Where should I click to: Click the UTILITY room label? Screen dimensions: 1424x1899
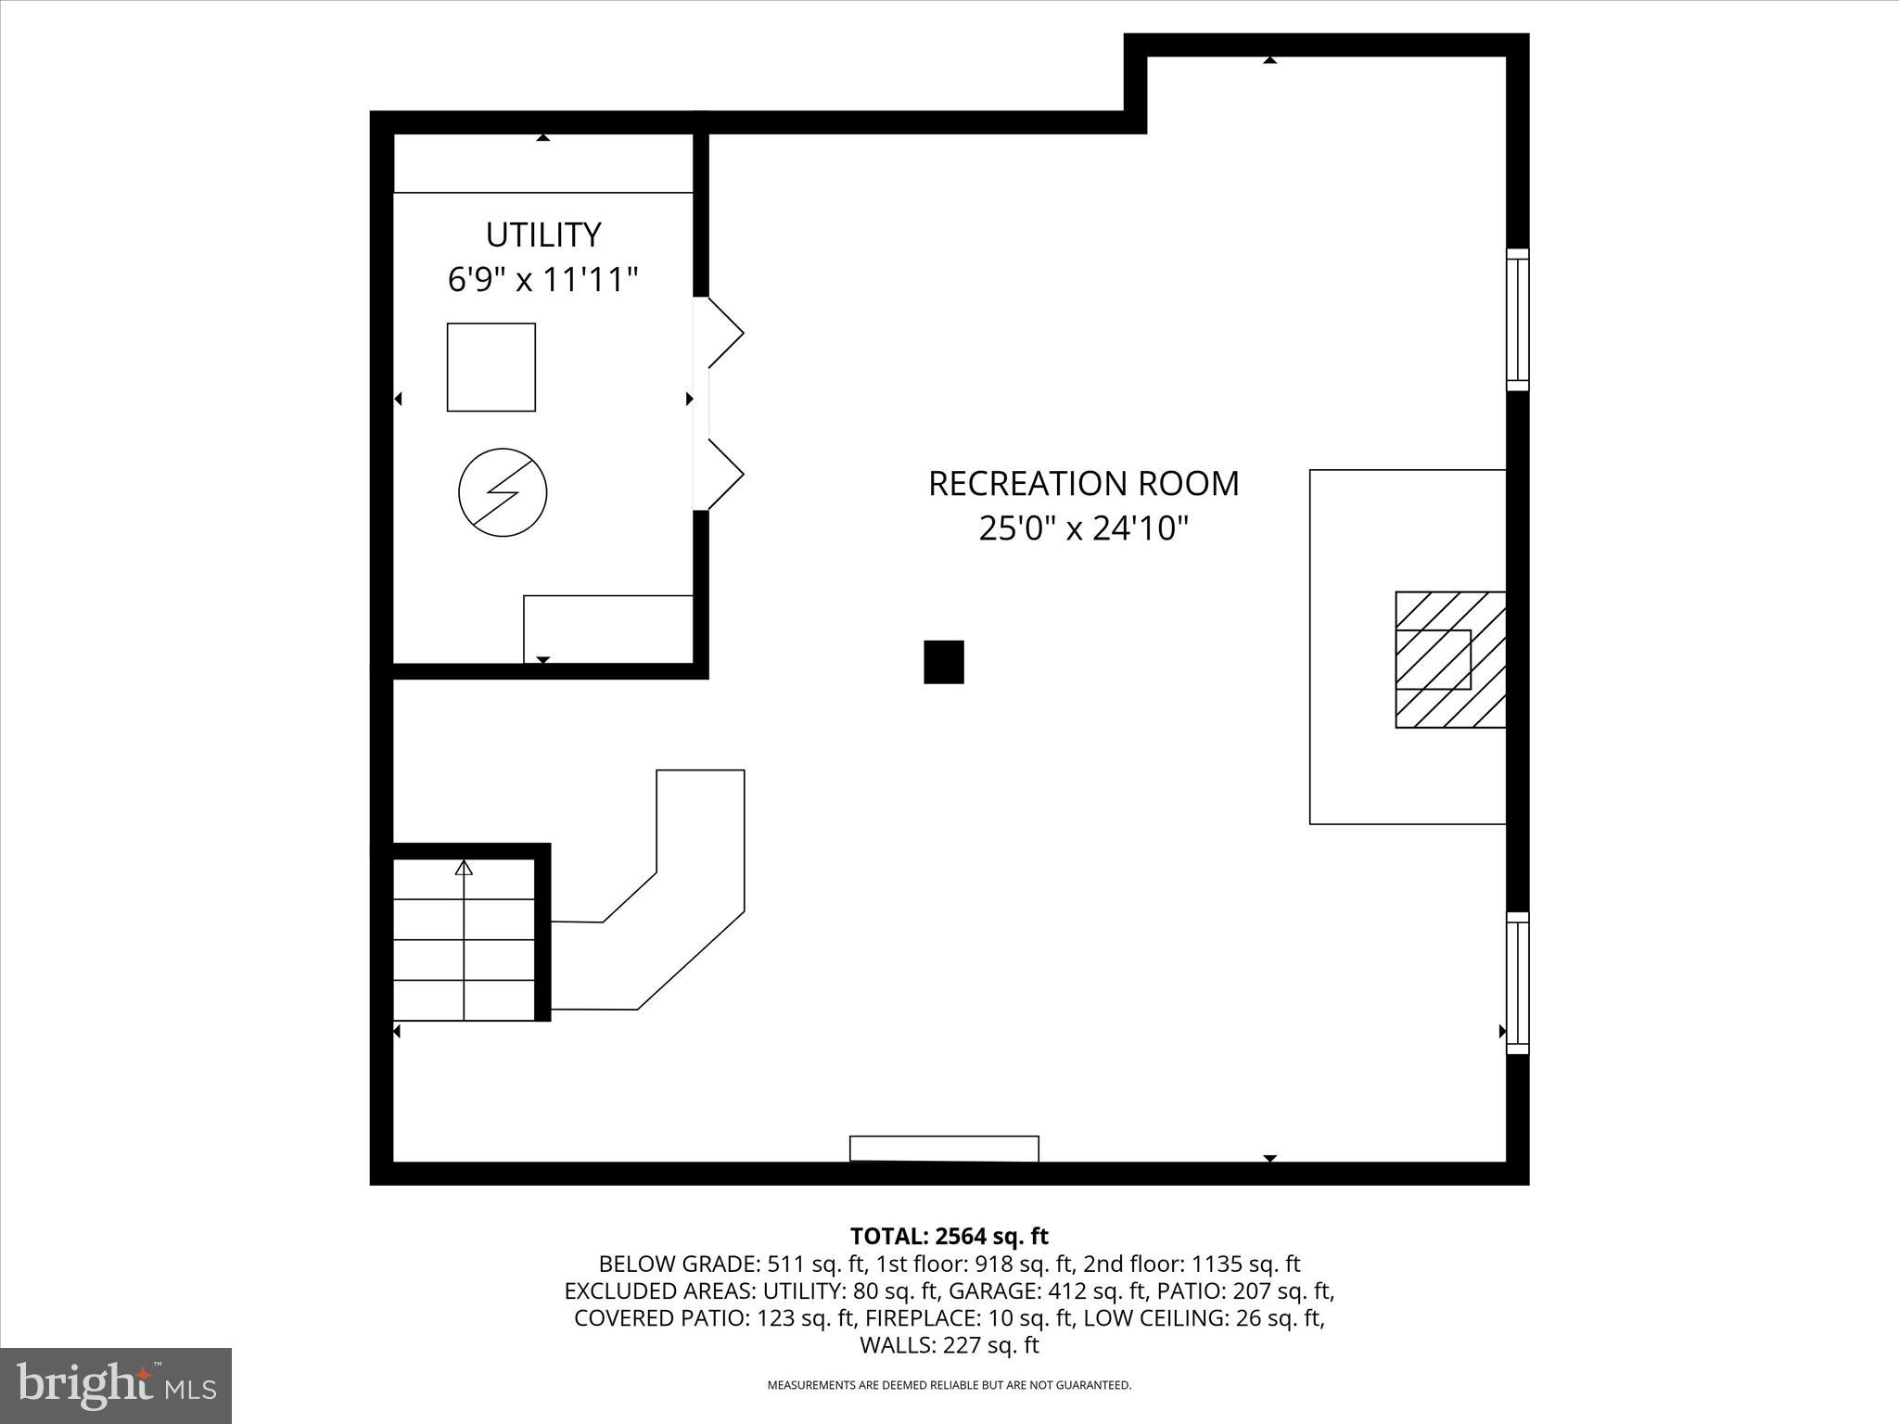click(543, 235)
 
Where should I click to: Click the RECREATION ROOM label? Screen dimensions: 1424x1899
click(1083, 484)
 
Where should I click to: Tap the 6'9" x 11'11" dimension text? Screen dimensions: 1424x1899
click(543, 279)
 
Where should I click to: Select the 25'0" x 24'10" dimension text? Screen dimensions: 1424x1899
click(1083, 529)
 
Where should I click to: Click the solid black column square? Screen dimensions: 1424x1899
click(943, 662)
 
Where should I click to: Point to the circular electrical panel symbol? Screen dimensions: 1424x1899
click(503, 492)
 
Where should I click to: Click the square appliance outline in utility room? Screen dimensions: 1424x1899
click(491, 367)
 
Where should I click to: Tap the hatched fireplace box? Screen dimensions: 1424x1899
click(1449, 659)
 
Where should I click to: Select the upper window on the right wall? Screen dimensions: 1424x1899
click(1517, 320)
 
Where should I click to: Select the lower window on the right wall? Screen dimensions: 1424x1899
click(1517, 983)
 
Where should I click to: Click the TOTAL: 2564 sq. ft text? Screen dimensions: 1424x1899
click(949, 1236)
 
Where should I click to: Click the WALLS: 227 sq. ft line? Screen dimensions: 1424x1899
click(949, 1344)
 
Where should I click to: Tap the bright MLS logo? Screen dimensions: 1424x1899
click(116, 1385)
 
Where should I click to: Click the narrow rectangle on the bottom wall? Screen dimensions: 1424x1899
click(944, 1148)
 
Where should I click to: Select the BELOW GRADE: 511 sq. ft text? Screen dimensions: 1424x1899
click(732, 1264)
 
